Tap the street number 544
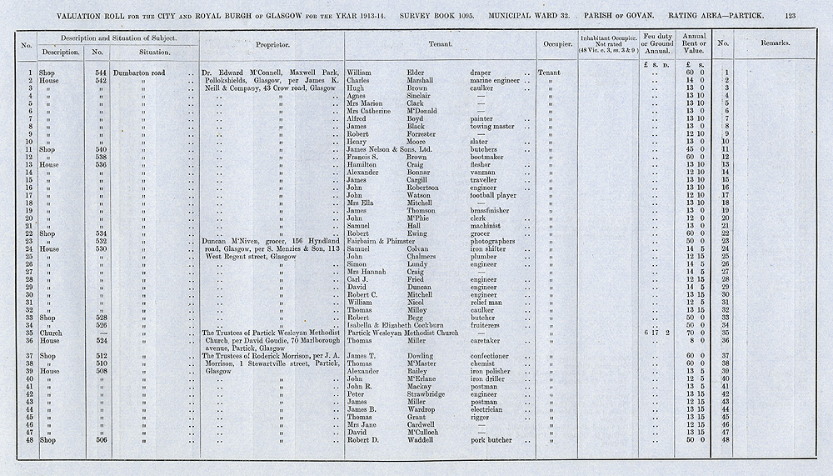pos(102,73)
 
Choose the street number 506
pos(102,440)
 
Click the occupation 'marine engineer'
pos(500,81)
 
